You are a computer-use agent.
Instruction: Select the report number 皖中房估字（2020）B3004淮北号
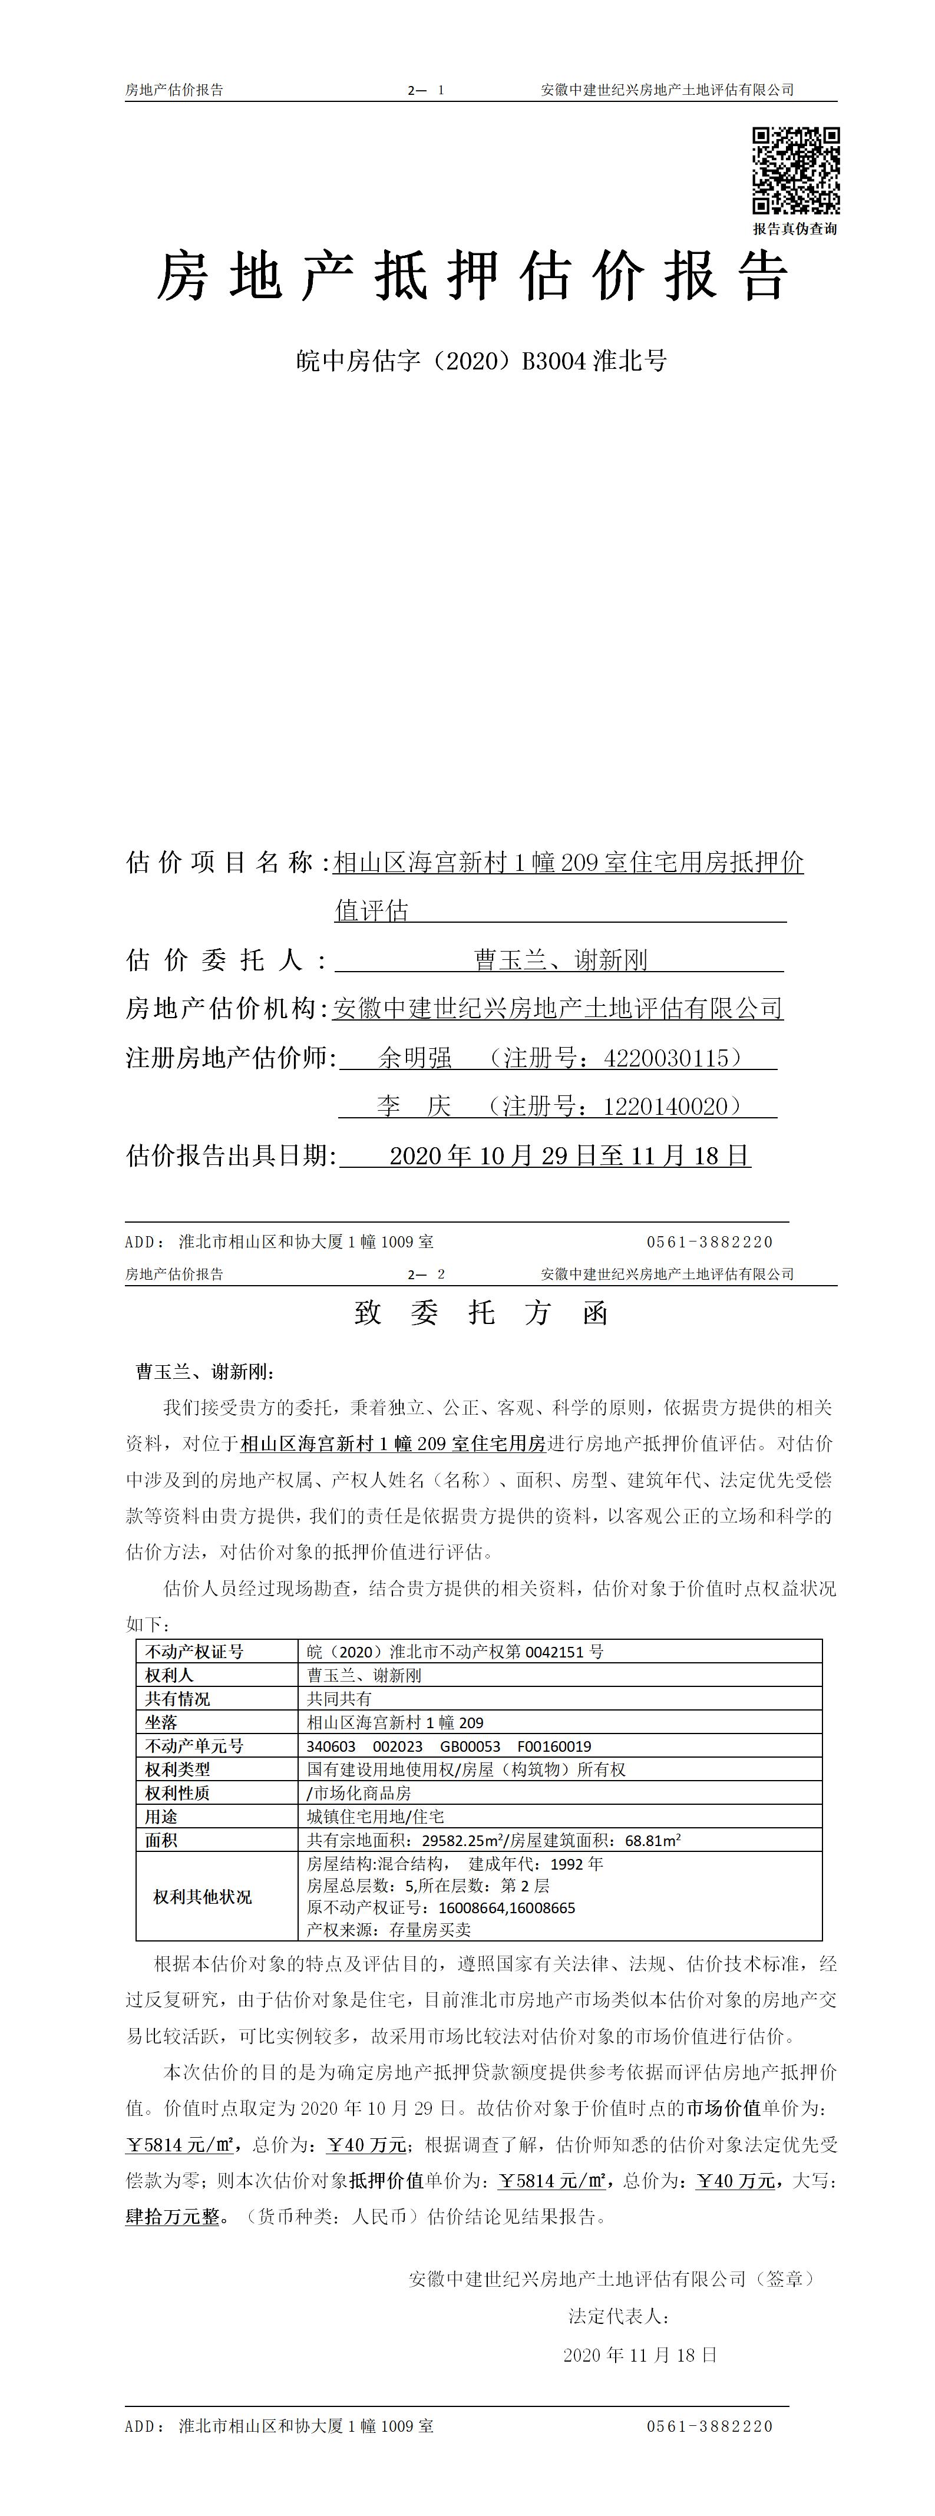pos(481,361)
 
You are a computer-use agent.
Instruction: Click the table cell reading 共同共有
pos(339,1699)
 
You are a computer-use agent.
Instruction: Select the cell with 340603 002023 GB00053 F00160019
pos(448,1745)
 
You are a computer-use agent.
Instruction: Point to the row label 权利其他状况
pos(202,1897)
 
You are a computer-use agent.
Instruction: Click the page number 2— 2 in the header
pos(427,1274)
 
